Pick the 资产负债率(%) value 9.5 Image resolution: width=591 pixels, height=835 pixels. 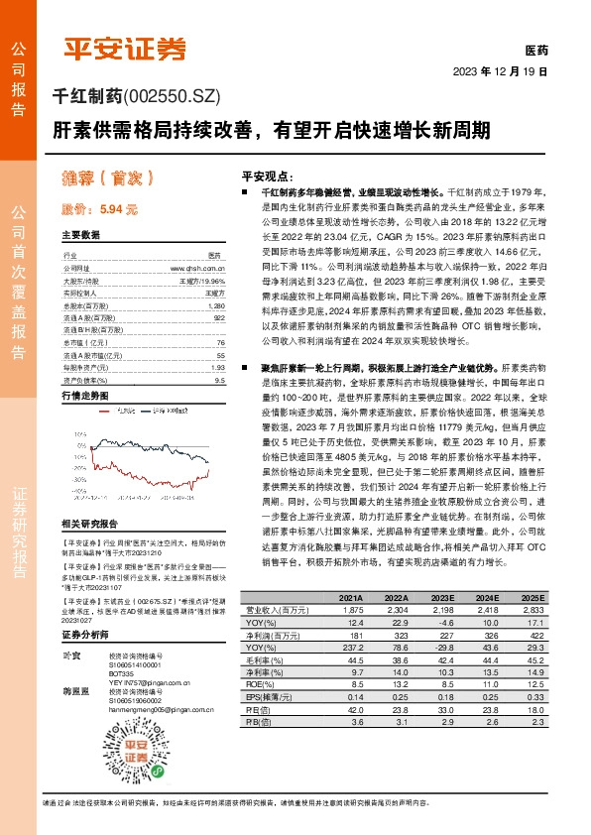coord(219,380)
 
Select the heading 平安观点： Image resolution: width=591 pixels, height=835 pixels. coord(267,172)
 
